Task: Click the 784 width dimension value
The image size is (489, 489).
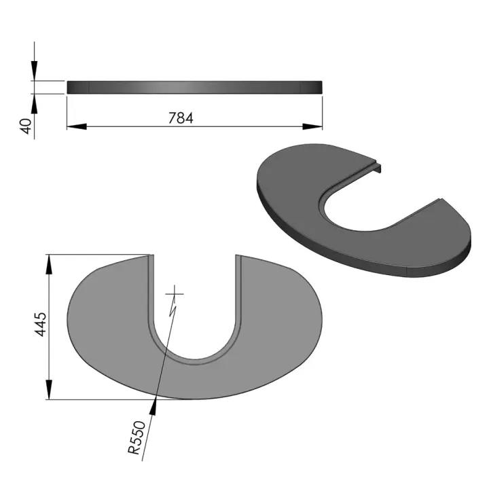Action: [181, 117]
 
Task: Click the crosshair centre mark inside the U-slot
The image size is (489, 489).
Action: [176, 293]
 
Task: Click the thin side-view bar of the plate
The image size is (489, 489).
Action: [194, 87]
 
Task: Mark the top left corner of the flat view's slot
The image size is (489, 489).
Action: [150, 257]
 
